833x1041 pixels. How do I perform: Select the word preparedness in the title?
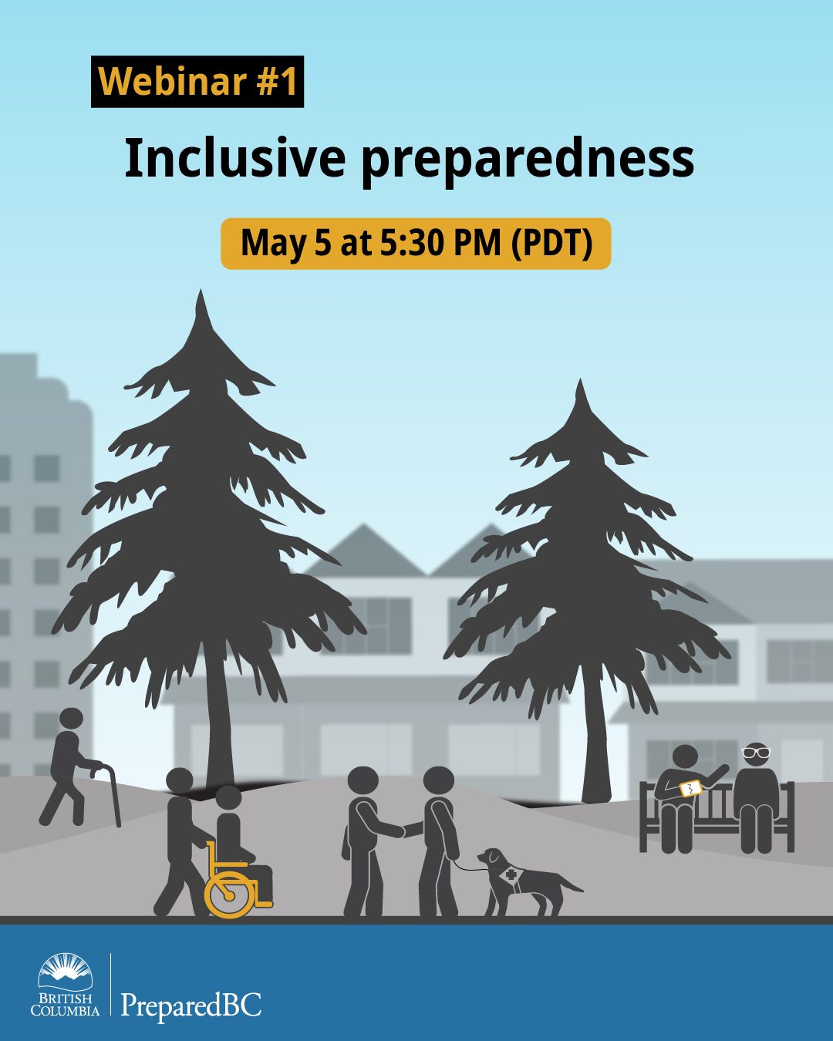pyautogui.click(x=528, y=160)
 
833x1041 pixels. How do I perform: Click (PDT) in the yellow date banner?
pyautogui.click(x=552, y=244)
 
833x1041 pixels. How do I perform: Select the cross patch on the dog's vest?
pyautogui.click(x=511, y=876)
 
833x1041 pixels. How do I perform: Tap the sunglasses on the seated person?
pyautogui.click(x=756, y=751)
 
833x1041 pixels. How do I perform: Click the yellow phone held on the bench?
pyautogui.click(x=690, y=788)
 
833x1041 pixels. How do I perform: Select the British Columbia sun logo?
pyautogui.click(x=66, y=972)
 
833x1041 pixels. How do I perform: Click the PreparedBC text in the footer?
pyautogui.click(x=191, y=1006)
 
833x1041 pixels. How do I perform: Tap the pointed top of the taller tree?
pyautogui.click(x=202, y=297)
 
